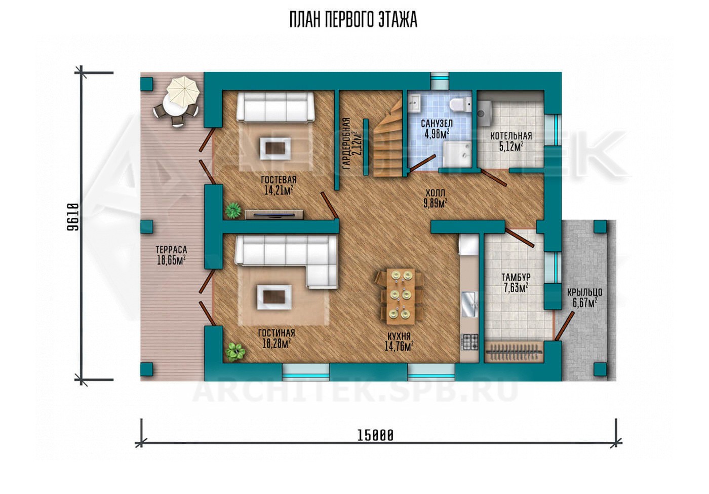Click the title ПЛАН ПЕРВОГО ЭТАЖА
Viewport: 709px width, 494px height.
(x=353, y=20)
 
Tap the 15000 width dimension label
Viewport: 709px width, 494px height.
(x=375, y=435)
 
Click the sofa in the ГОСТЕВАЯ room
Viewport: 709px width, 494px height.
(x=275, y=107)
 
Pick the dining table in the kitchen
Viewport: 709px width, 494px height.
(x=400, y=296)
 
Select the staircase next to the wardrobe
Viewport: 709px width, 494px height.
(x=388, y=139)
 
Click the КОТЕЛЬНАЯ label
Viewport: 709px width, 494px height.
(x=511, y=136)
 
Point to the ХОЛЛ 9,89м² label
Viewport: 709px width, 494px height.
(x=435, y=198)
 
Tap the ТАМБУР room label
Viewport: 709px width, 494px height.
(x=516, y=277)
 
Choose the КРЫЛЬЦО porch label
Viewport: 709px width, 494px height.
(x=584, y=292)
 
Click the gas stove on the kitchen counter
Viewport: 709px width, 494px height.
(x=469, y=341)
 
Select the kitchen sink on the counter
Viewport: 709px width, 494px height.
(x=469, y=305)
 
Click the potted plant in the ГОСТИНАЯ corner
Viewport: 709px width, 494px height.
(x=235, y=352)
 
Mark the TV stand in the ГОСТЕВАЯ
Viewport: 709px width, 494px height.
(x=274, y=215)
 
